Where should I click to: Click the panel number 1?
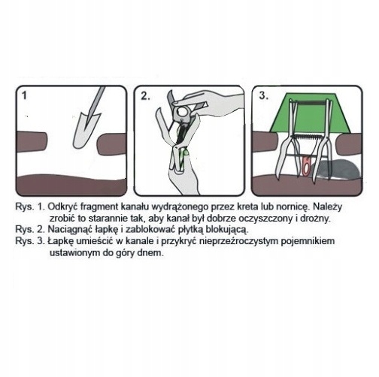[x=24, y=95]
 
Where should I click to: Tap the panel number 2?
[x=145, y=96]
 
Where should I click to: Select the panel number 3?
[x=264, y=95]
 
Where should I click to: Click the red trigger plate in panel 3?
[x=306, y=165]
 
